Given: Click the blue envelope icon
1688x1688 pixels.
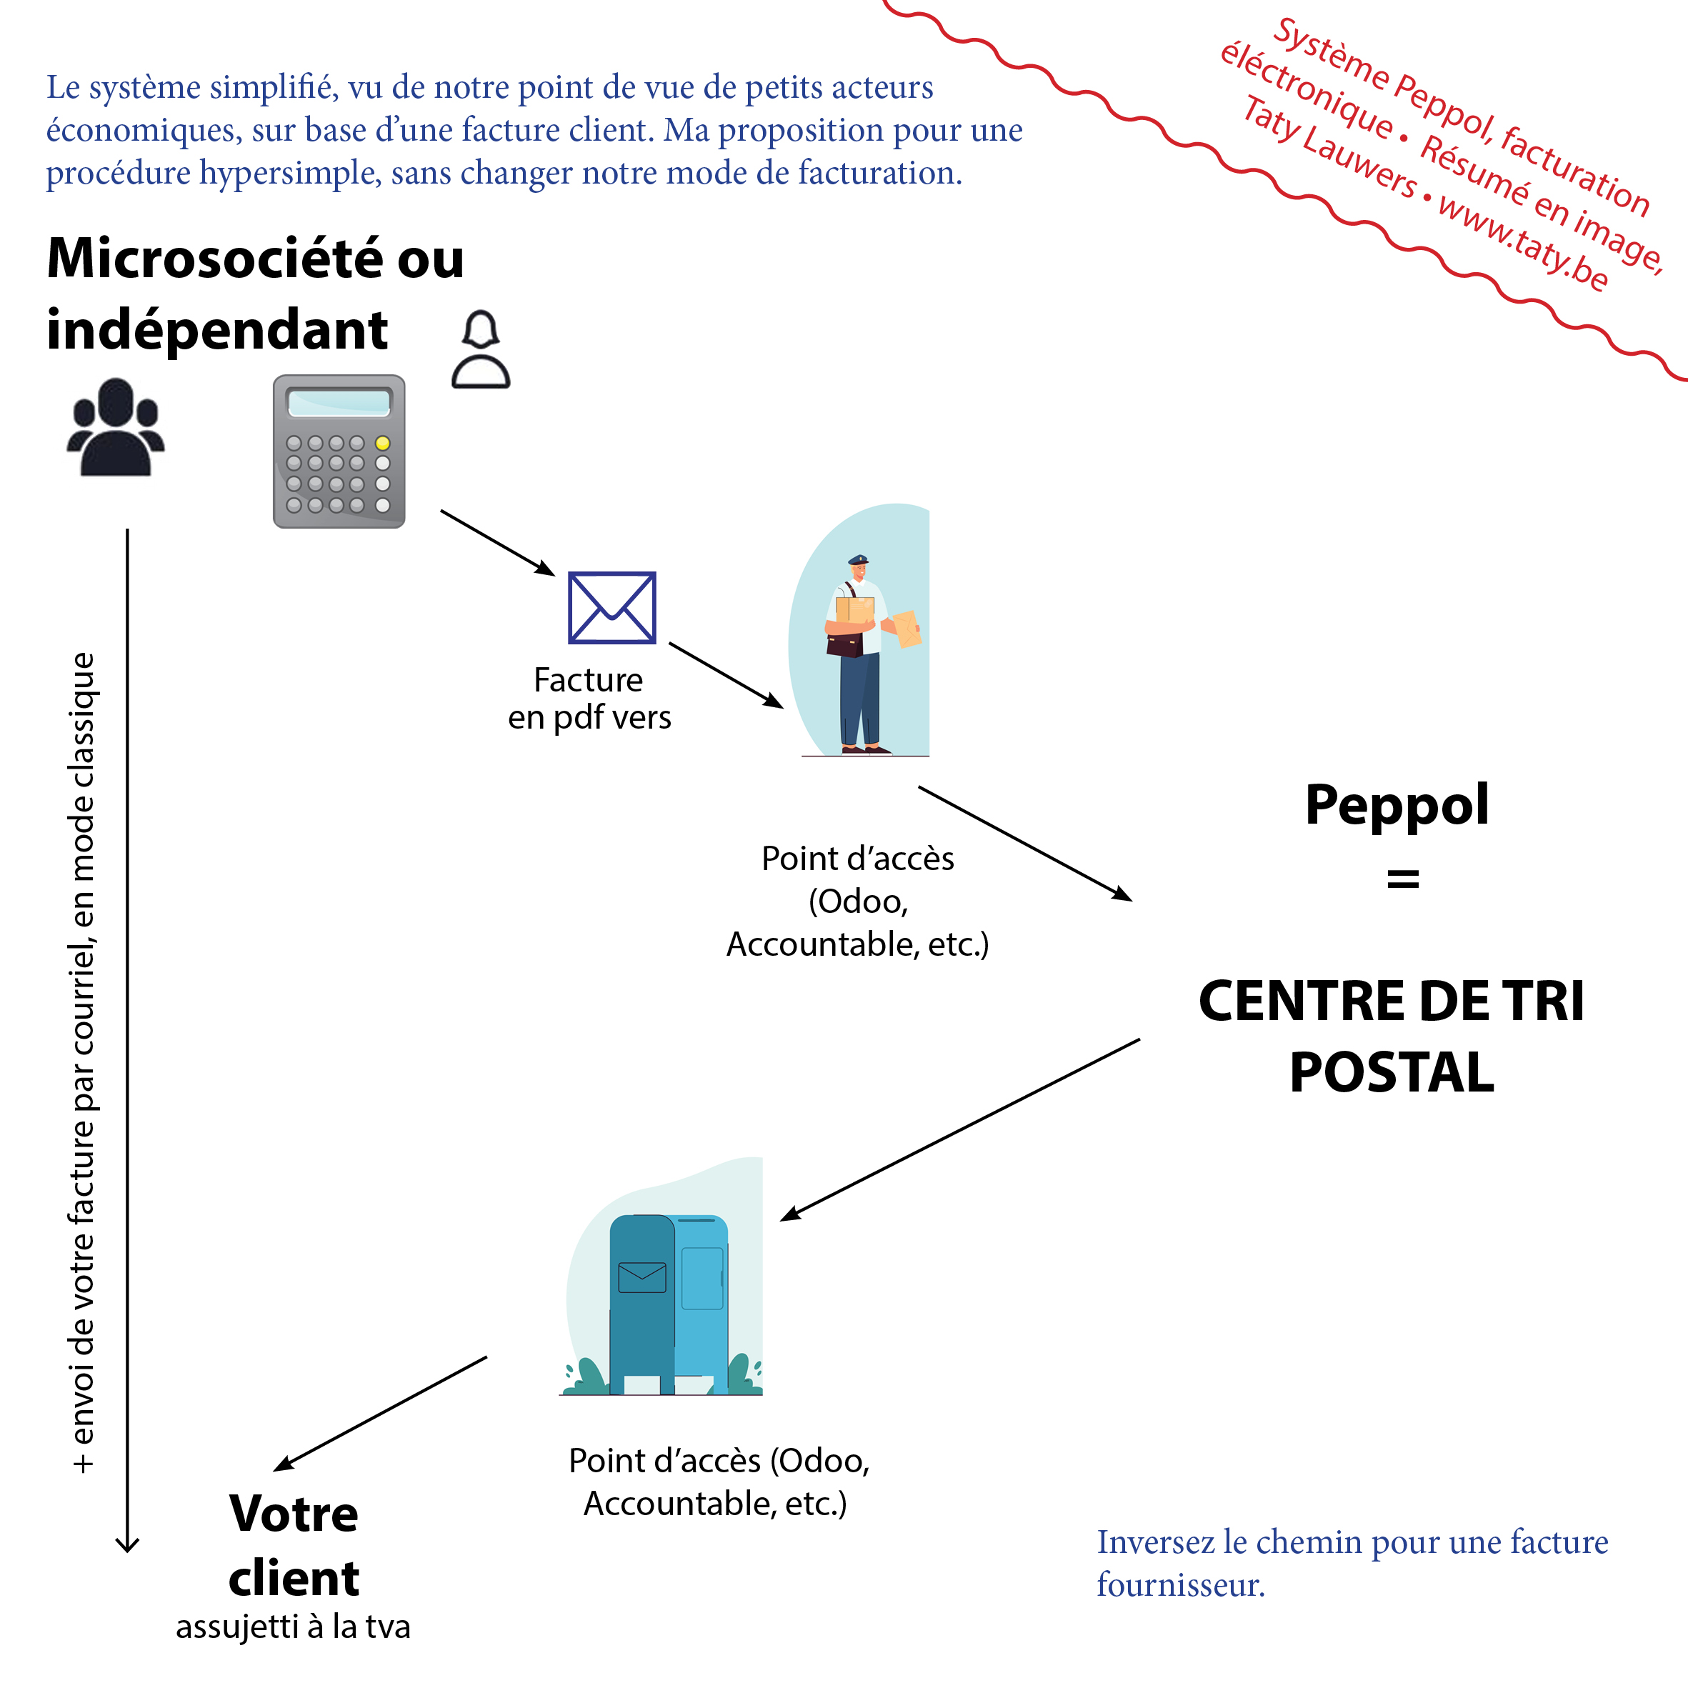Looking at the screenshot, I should pyautogui.click(x=611, y=607).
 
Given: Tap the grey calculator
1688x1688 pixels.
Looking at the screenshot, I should pyautogui.click(x=339, y=451).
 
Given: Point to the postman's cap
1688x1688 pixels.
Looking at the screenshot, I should pyautogui.click(x=858, y=560).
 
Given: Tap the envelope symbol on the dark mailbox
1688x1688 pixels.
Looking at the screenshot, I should pyautogui.click(x=642, y=1277).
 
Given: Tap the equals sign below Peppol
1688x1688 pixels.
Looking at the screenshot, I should pyautogui.click(x=1402, y=878).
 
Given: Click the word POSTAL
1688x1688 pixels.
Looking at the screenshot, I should pyautogui.click(x=1392, y=1072).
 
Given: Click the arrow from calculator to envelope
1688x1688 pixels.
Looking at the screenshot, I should pyautogui.click(x=497, y=543).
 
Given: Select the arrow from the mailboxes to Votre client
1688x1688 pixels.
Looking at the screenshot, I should pyautogui.click(x=380, y=1414).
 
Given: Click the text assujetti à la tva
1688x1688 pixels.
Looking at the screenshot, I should pyautogui.click(x=293, y=1627).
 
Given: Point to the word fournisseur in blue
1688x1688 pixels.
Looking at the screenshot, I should pyautogui.click(x=1180, y=1585).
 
